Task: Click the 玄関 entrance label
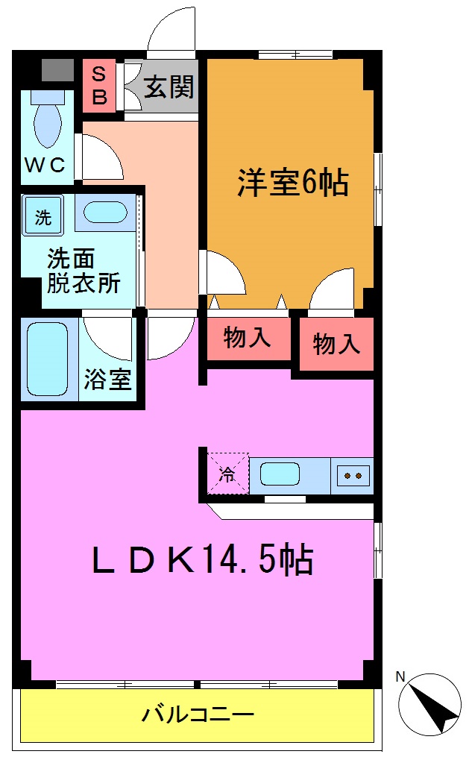point(169,87)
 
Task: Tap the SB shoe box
point(99,85)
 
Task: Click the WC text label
point(46,165)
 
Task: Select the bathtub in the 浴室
point(48,359)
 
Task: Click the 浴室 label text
point(107,379)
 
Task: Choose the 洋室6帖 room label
point(292,182)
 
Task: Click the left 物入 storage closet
point(247,339)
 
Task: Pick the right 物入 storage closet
point(336,344)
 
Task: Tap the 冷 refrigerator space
point(227,473)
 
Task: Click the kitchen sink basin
point(280,474)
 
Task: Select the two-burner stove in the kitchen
point(353,475)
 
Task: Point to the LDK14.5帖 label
point(201,559)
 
